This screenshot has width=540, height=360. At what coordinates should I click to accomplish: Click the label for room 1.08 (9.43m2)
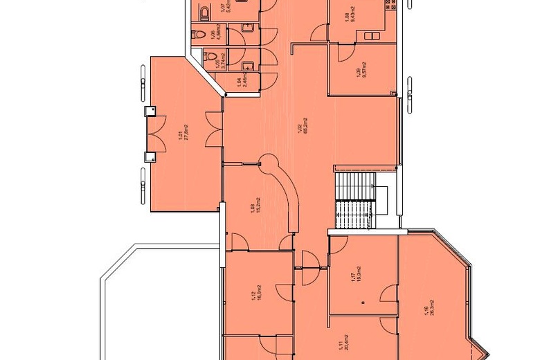pos(355,13)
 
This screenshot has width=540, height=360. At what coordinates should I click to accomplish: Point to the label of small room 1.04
pos(240,84)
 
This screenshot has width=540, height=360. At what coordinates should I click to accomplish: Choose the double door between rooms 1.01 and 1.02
pos(219,132)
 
